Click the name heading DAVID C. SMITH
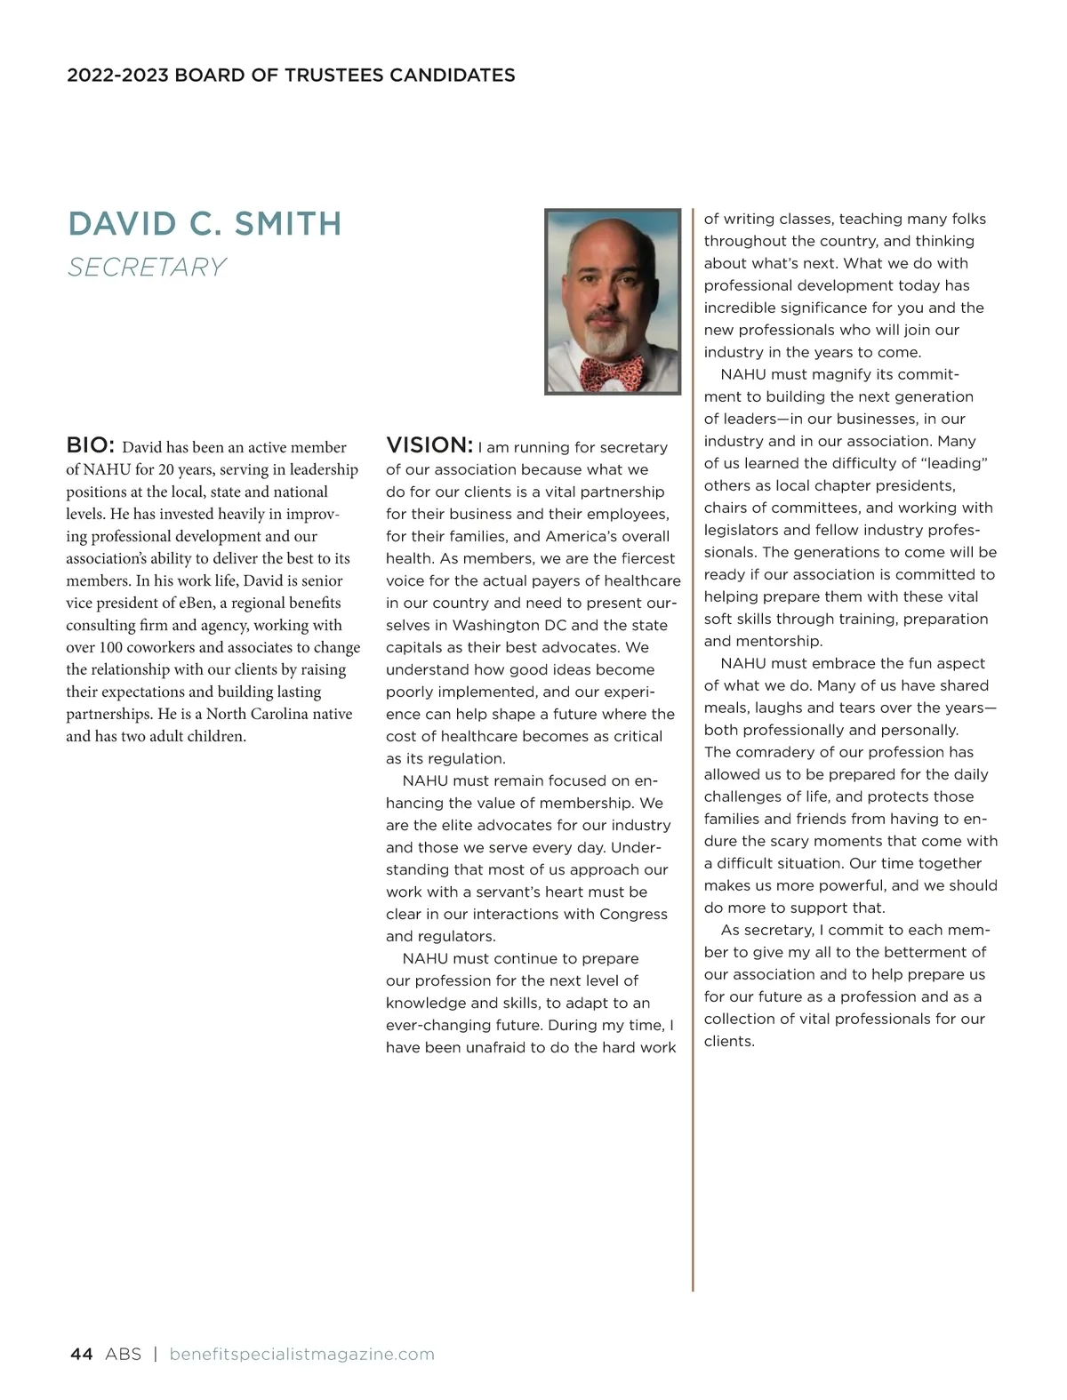(205, 224)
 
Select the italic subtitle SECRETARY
(147, 267)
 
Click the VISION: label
(429, 445)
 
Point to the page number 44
(81, 1354)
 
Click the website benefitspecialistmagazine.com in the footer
(301, 1354)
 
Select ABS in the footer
(123, 1354)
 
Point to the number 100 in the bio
(113, 647)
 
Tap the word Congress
(633, 914)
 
